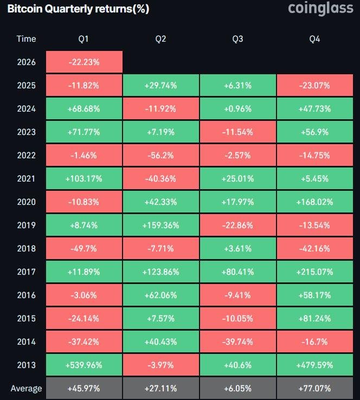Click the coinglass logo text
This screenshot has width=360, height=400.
[x=320, y=9]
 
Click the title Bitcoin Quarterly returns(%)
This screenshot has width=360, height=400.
[x=78, y=9]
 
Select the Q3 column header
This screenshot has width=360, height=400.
[x=237, y=38]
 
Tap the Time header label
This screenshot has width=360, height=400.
[x=26, y=38]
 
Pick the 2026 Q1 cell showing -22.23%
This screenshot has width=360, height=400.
[x=84, y=62]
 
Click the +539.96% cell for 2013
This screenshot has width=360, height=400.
[x=84, y=365]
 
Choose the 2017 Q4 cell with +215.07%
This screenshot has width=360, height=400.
[x=314, y=272]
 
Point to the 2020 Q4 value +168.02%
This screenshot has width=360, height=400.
[x=314, y=202]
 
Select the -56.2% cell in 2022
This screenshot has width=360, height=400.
[x=160, y=156]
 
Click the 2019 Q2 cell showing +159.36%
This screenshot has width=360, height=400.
[x=160, y=225]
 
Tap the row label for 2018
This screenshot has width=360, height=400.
[x=26, y=249]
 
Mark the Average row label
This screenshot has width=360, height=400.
[x=26, y=389]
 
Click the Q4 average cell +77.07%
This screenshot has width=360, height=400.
[x=314, y=389]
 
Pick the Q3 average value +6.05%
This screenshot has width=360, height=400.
[x=237, y=389]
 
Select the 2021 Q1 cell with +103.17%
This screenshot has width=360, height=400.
[x=84, y=179]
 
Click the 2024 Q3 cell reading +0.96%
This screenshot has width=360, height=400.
[x=237, y=109]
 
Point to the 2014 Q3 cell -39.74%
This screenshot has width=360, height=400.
[x=237, y=342]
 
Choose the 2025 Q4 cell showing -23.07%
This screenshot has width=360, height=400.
[x=314, y=86]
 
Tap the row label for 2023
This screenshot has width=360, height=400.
[x=26, y=132]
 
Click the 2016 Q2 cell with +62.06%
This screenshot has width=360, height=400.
[x=160, y=295]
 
